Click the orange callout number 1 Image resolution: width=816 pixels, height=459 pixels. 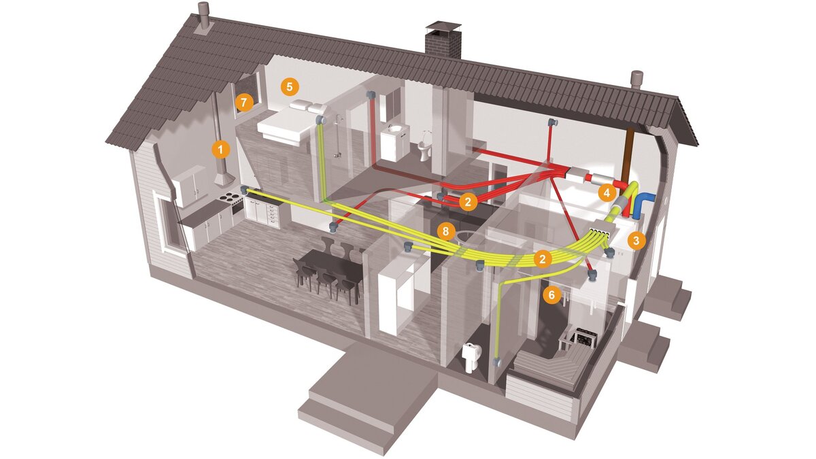(220, 147)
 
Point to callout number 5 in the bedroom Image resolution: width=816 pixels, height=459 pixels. (290, 86)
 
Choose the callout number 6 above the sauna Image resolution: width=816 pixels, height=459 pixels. (551, 294)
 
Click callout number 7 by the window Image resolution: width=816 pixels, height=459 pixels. (243, 103)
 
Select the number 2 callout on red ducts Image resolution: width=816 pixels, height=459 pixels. (467, 201)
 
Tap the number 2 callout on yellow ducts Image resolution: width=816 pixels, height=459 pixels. (542, 258)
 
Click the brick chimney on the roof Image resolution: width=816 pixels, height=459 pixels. (443, 41)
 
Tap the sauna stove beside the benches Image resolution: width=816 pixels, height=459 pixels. (583, 337)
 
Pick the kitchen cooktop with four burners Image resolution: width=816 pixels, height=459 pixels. (231, 197)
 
